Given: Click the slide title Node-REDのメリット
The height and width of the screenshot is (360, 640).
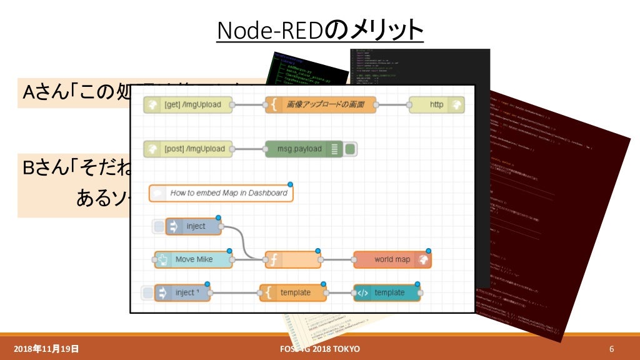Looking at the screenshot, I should pos(320,30).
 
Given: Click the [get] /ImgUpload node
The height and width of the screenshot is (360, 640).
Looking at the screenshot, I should pos(187,105).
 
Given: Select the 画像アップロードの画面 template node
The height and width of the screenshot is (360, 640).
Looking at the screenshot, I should pos(321,105).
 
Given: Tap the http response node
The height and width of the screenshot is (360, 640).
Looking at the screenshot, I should pos(437,105).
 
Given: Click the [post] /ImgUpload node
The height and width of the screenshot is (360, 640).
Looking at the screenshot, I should pos(187,149).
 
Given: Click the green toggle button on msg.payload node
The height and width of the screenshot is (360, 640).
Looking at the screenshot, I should pos(351,149).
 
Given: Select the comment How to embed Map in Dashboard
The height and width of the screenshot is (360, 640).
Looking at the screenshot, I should pos(221,193).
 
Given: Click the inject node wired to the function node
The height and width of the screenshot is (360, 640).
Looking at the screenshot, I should pos(194,226).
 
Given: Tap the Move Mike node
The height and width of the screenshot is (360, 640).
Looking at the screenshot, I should pos(193,259).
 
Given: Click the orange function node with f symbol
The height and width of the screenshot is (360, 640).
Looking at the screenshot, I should pos(292,259).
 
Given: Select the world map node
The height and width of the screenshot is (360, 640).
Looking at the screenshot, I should pos(392,259).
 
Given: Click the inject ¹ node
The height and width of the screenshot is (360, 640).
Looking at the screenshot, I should pos(182,292).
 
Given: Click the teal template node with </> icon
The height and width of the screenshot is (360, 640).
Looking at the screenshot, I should pos(387,292).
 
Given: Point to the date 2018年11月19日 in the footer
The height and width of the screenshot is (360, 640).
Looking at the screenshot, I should pos(46,348).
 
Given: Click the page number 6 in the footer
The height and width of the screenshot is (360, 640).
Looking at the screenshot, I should pos(612,348).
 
